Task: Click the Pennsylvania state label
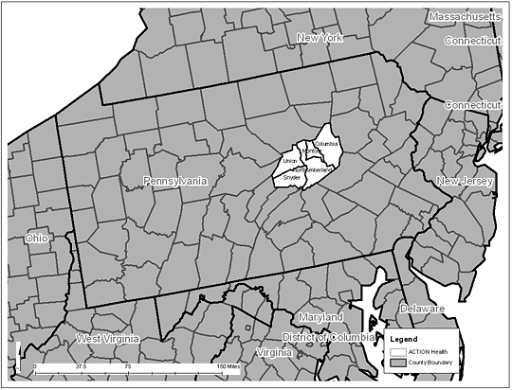click(174, 181)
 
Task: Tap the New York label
click(319, 38)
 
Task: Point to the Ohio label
click(37, 238)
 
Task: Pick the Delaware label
click(421, 309)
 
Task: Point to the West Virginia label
click(107, 338)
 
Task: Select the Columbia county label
click(326, 143)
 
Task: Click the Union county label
click(290, 161)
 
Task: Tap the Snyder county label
click(291, 176)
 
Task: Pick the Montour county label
click(310, 151)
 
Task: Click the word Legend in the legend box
click(403, 338)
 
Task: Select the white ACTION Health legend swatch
click(399, 350)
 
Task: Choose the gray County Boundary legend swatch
click(399, 362)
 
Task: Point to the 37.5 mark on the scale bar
click(82, 366)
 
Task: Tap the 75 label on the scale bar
click(128, 366)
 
